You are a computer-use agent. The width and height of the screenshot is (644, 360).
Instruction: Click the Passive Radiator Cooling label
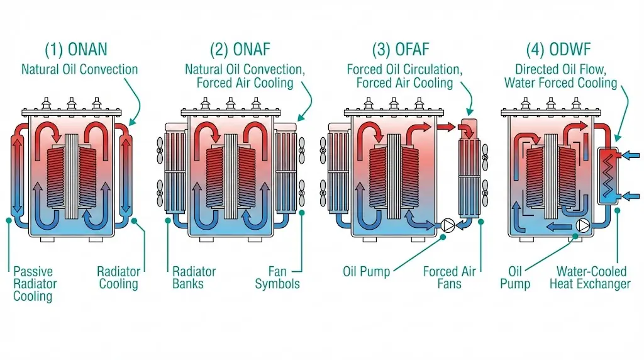point(35,283)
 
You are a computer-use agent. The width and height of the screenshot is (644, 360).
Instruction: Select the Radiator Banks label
point(194,278)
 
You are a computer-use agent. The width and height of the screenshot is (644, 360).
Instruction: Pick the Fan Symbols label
point(277,278)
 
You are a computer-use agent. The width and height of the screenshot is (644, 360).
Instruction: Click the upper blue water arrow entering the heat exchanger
point(631,154)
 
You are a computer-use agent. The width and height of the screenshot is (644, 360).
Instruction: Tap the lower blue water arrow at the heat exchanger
point(631,196)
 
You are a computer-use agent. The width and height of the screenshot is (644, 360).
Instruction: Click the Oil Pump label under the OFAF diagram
point(366,272)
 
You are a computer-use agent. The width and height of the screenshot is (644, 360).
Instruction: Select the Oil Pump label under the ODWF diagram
point(515,278)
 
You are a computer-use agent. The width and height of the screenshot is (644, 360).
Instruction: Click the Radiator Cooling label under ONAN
point(118,278)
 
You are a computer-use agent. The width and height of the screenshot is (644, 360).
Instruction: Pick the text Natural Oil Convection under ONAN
point(79,69)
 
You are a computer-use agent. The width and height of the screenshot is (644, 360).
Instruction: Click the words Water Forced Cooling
point(561,83)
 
